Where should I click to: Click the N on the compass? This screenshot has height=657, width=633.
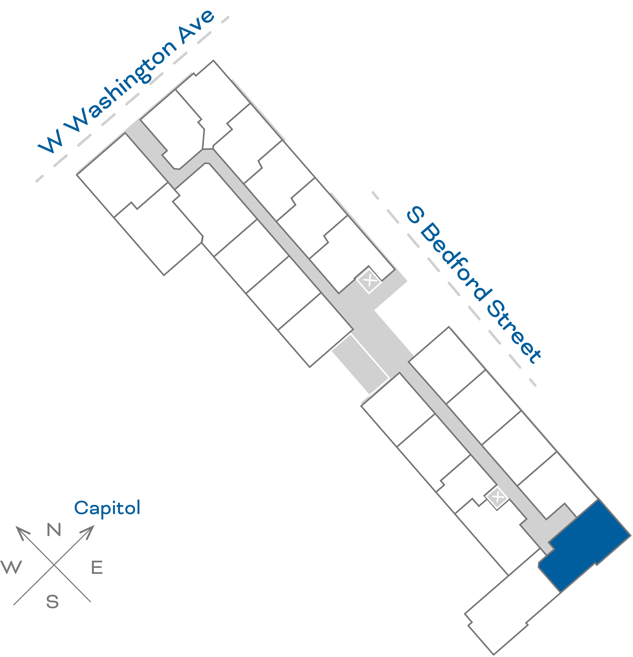click(54, 530)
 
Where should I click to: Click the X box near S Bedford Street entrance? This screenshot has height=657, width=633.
click(369, 280)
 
